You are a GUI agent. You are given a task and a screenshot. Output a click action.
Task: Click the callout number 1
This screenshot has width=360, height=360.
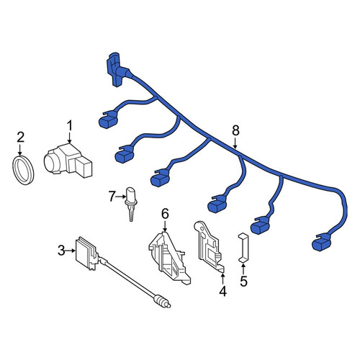tap(69, 126)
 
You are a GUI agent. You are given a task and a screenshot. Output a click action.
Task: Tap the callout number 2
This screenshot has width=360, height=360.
tap(20, 138)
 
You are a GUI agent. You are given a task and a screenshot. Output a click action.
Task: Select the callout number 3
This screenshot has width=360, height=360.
tap(61, 251)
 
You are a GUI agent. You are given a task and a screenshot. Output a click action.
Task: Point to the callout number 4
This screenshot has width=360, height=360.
tap(222, 291)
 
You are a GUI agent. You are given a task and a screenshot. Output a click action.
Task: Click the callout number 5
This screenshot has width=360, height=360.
tap(243, 281)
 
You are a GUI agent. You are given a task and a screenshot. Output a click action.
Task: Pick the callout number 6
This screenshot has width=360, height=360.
tap(165, 214)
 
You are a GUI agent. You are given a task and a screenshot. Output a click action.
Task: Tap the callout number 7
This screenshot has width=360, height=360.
tap(112, 197)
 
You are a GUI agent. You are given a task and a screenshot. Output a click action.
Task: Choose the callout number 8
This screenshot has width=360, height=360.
tap(235, 131)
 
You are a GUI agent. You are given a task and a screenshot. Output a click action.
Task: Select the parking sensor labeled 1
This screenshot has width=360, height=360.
tap(68, 161)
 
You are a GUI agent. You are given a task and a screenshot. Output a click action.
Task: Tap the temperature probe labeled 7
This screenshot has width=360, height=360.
tap(130, 204)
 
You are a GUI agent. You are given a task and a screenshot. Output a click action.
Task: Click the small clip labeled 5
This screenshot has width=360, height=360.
tap(243, 248)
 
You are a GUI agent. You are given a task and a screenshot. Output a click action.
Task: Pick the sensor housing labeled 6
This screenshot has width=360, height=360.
tap(169, 258)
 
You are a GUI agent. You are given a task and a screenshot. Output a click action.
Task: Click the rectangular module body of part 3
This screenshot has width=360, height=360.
tap(86, 253)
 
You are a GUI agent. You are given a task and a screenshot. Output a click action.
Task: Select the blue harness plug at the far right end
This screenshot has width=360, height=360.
tap(321, 242)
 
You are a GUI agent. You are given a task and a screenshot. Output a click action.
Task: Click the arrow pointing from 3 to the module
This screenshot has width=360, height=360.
tap(71, 251)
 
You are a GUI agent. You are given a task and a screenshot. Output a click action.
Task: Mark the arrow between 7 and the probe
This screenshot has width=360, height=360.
tap(121, 197)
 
